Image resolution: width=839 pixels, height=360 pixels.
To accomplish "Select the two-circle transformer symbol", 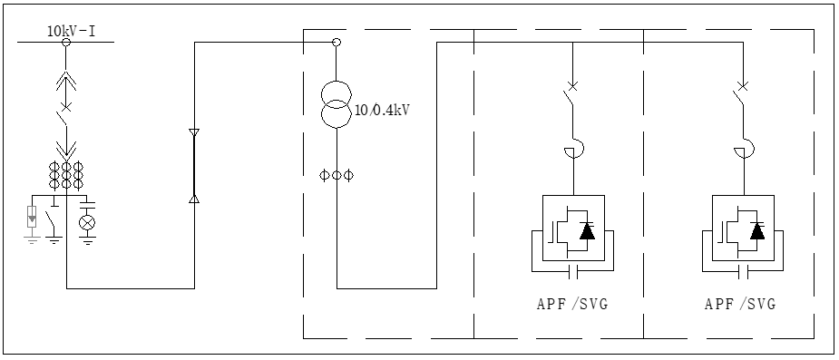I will click(337, 104).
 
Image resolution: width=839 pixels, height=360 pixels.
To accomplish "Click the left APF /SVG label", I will click(571, 304).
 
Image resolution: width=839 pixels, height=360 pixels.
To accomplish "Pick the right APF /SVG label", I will click(740, 304).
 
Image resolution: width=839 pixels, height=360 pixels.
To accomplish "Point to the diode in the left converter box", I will click(587, 230).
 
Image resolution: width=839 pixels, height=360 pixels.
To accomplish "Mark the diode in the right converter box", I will click(756, 230).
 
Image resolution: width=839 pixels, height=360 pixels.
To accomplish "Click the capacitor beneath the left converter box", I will click(571, 270).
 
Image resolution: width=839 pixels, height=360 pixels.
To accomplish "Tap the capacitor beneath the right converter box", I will click(740, 270).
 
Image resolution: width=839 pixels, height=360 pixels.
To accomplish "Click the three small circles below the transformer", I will click(337, 173).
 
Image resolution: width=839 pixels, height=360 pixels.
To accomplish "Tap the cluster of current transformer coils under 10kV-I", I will click(67, 174).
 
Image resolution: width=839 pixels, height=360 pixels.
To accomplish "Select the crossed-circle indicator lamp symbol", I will click(87, 222).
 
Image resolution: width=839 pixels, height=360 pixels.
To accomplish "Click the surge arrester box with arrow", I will click(33, 218).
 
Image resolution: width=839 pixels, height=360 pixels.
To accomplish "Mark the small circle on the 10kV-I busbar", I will click(66, 41).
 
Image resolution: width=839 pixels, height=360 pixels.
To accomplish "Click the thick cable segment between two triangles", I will click(193, 165).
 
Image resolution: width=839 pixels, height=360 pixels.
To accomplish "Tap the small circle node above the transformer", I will click(337, 42).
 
